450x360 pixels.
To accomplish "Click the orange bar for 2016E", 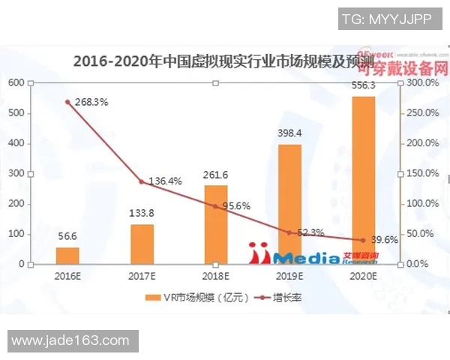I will [x=67, y=256].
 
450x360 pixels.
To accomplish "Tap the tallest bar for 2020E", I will [x=364, y=180].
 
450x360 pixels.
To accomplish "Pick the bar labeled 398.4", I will [x=289, y=204].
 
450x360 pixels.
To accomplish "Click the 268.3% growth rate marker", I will [x=68, y=102].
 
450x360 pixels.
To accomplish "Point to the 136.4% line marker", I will [x=142, y=181].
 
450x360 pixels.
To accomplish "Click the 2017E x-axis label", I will [x=142, y=275].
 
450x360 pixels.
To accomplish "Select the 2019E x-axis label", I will [x=289, y=275].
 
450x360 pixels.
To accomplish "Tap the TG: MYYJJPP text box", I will [x=387, y=19].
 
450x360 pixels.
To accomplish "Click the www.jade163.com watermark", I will [x=70, y=341].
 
